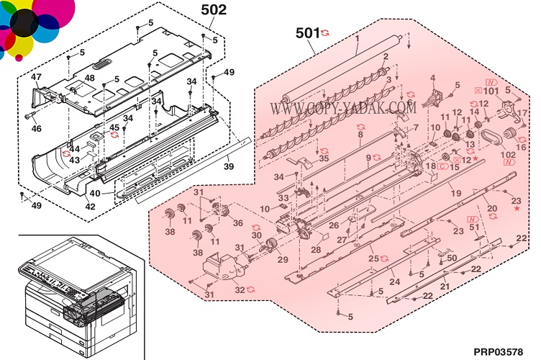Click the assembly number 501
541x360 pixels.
pos(307,32)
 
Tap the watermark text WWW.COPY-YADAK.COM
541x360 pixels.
pos(340,108)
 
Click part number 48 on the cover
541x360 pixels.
pos(89,78)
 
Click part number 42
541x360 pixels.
pos(90,207)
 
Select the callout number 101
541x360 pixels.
pos(491,91)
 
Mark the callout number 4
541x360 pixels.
pos(433,77)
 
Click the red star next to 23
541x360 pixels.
pos(517,208)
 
